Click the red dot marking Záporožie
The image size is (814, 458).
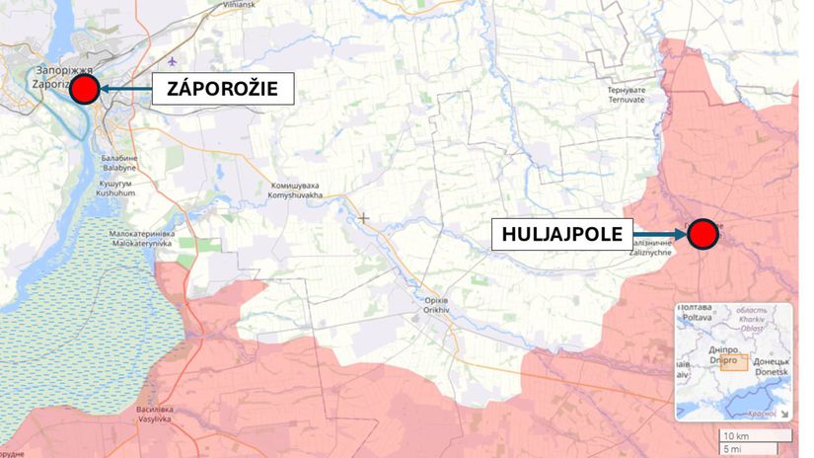(x=85, y=91)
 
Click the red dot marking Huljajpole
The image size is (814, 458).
(x=702, y=234)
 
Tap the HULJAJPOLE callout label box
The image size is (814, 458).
(x=563, y=234)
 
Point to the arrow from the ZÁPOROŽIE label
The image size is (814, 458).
(x=125, y=91)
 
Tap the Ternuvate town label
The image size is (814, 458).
(x=628, y=94)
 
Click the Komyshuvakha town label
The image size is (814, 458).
(x=296, y=191)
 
